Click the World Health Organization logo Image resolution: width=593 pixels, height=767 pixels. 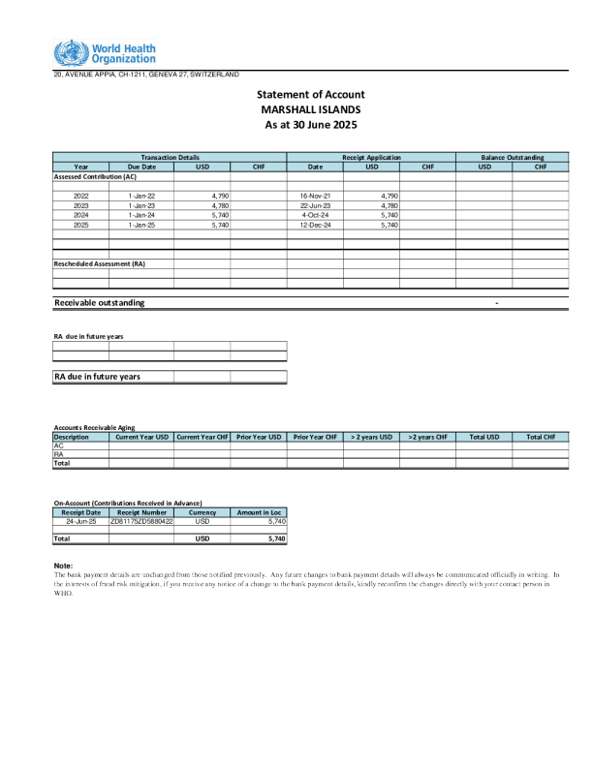106,53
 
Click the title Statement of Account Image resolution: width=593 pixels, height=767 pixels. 310,94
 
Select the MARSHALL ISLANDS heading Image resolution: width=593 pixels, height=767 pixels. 310,109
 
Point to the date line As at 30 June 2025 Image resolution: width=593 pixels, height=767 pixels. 310,125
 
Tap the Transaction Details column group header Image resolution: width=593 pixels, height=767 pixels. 170,157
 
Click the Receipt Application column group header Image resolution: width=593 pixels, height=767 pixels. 371,157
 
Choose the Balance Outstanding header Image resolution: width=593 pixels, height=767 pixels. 512,157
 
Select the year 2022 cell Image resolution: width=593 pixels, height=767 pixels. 81,196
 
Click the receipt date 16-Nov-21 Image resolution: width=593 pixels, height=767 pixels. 316,196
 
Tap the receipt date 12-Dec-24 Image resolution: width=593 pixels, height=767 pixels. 316,225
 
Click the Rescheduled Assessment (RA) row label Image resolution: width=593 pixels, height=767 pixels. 99,263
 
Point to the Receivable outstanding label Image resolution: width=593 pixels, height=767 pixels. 100,302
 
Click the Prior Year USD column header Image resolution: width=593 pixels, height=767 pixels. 259,437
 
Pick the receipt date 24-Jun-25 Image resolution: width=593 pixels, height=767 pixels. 80,521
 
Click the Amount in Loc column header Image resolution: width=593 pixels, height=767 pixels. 259,511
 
